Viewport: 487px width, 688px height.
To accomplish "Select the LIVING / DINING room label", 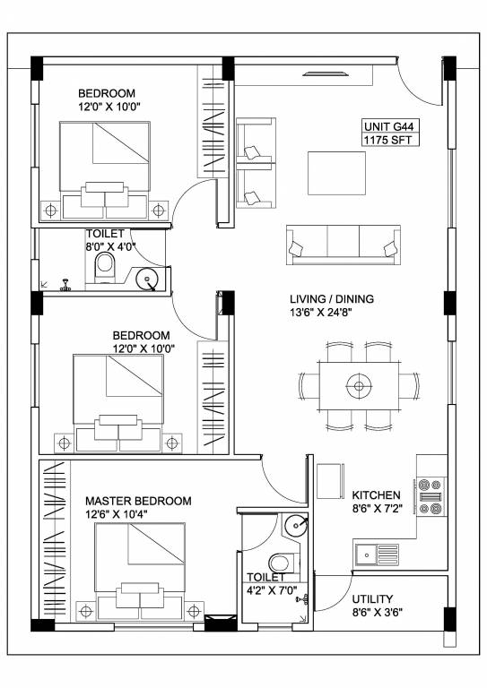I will coord(331,299).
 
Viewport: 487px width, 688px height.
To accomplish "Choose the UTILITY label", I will coord(373,599).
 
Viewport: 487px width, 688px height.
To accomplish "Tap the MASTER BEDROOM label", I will coord(137,501).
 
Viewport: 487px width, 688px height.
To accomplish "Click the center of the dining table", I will coord(360,386).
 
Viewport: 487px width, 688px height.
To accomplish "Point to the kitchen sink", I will coord(378,555).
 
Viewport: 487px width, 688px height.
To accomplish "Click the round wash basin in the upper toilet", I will coord(147,279).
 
